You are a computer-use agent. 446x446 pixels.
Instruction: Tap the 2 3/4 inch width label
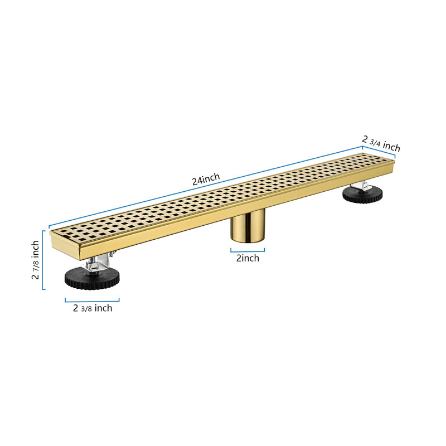381,143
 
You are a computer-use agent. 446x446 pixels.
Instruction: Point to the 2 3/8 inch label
93,308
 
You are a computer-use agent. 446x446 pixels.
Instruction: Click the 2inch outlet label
248,258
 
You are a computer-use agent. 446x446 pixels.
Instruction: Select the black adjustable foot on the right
362,195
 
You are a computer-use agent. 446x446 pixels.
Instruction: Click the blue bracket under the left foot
92,301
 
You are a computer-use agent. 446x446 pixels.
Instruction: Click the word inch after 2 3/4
391,147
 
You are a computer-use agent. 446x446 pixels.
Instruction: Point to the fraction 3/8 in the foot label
88,308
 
